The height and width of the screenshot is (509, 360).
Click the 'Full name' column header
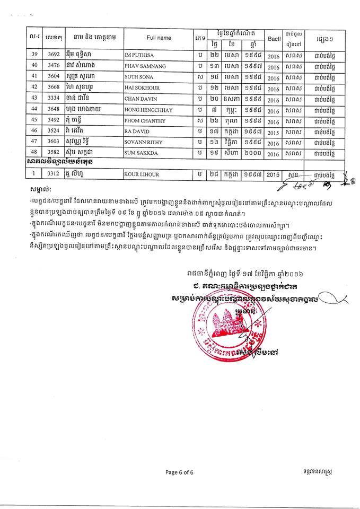tap(159, 38)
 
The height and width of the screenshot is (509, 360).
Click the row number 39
tap(34, 55)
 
